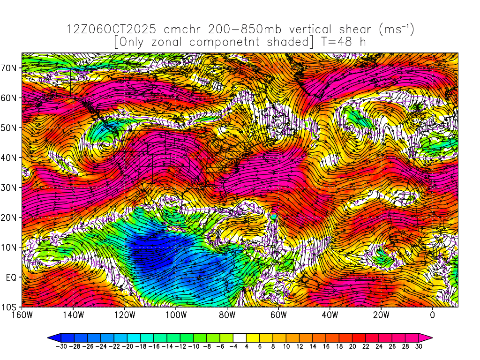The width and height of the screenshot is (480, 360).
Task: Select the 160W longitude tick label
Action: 22,315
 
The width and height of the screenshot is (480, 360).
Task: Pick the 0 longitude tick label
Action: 432,315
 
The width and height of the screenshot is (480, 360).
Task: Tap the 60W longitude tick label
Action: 278,315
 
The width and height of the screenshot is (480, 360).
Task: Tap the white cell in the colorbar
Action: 240,337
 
